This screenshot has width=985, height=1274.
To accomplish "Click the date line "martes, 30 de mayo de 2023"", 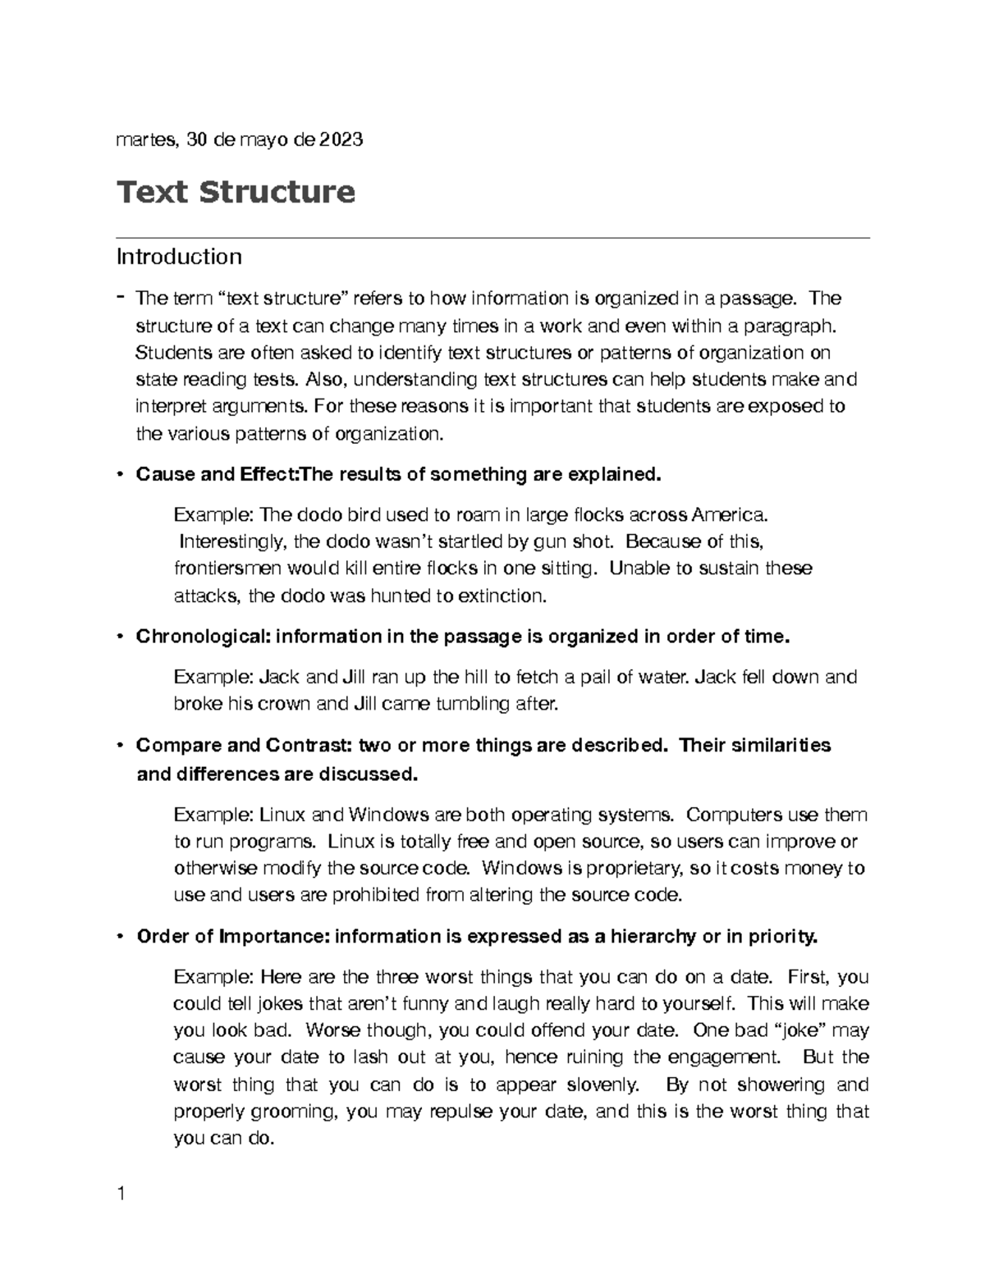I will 240,140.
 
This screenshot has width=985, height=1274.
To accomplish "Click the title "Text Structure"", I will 236,192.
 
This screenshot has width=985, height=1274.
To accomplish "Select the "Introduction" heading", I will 179,257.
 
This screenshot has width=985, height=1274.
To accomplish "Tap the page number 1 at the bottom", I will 121,1194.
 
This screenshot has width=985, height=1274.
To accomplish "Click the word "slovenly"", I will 602,1084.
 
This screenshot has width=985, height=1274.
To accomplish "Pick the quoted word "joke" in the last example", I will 789,1030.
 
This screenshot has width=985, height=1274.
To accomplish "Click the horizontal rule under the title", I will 492,238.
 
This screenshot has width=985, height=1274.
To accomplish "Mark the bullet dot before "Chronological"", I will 121,637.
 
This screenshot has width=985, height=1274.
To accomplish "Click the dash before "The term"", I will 121,296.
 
